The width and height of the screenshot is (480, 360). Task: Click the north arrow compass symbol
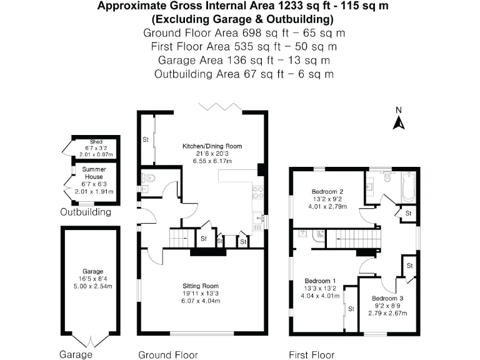[398, 120]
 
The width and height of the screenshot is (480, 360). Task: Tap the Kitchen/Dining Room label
[212, 146]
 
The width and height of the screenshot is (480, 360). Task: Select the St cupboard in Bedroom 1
[351, 309]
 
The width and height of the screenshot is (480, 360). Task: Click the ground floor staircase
[182, 237]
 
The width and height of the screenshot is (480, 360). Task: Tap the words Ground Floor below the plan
[163, 354]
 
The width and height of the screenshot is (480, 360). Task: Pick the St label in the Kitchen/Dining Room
[146, 138]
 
